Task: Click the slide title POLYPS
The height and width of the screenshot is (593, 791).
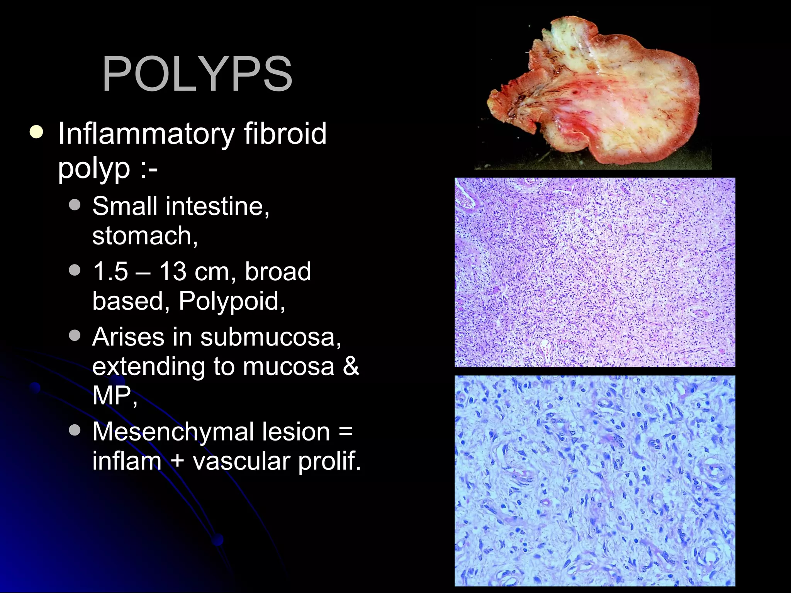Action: point(197,74)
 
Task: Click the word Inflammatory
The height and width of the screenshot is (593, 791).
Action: point(146,134)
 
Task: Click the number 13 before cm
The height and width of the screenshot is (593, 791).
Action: point(173,271)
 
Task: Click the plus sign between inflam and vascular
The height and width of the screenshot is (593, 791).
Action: point(177,461)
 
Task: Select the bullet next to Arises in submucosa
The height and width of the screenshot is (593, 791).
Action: point(75,335)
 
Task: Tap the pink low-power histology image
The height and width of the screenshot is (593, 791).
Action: point(595,272)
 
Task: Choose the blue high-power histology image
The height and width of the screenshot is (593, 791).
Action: point(595,481)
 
